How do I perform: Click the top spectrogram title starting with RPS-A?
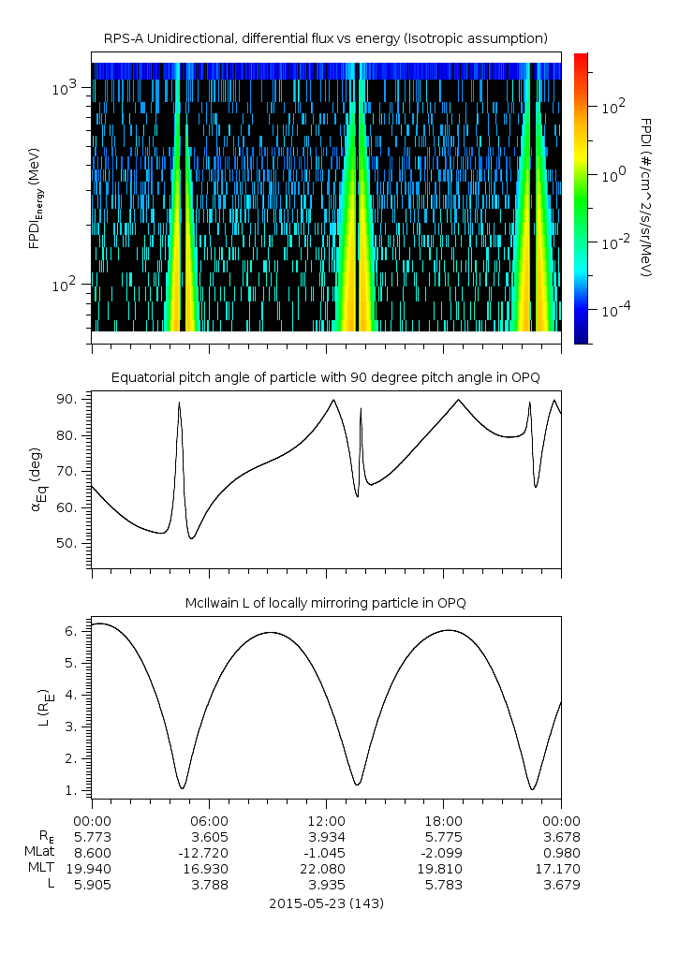tap(325, 38)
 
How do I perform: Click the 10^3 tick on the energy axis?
tap(72, 88)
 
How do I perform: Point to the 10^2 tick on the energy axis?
tap(72, 285)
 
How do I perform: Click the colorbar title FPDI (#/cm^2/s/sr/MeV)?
tap(645, 197)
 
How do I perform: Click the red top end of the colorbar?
tap(581, 58)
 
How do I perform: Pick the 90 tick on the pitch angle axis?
tap(75, 400)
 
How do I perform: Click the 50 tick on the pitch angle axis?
tap(75, 543)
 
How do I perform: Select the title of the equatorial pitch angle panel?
tap(325, 377)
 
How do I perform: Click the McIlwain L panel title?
tap(325, 603)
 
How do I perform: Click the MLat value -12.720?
tap(209, 853)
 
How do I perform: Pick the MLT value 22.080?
tap(326, 869)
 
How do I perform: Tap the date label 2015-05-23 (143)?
tap(326, 903)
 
